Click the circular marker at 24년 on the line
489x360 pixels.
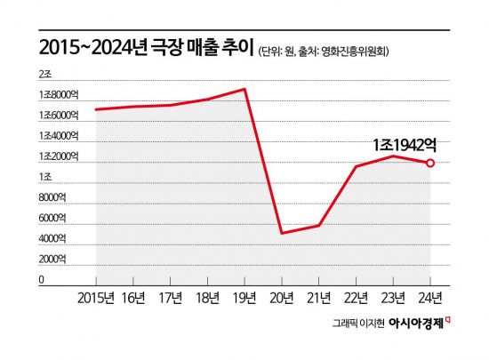(430, 164)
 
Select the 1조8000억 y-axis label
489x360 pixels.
(59, 94)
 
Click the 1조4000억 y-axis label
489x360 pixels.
(59, 136)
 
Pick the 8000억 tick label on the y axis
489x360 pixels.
(54, 198)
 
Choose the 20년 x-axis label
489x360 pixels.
(282, 297)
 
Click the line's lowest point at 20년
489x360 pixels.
(282, 233)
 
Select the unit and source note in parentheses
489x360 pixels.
(325, 50)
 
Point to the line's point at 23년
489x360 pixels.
(393, 156)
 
